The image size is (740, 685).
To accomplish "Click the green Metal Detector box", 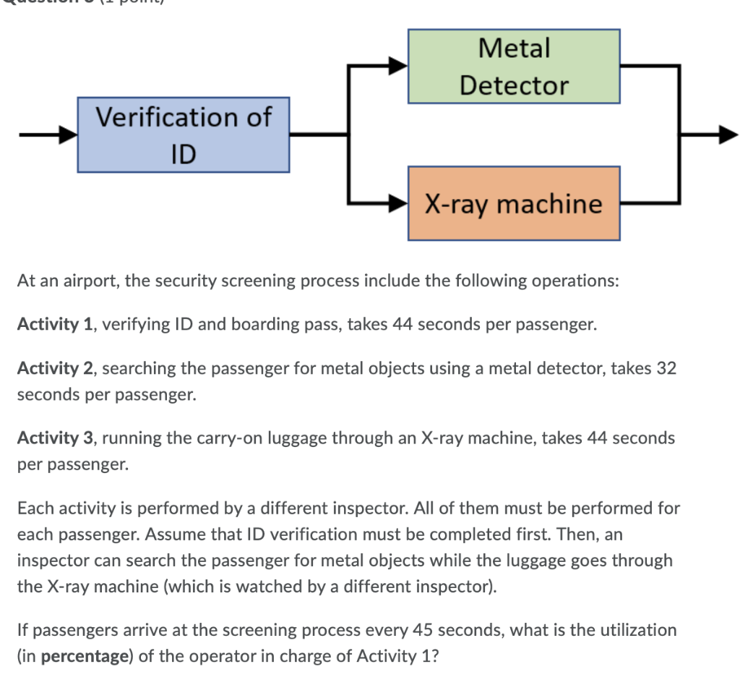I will pos(514,67).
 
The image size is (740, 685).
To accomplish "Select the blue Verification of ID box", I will pos(184,135).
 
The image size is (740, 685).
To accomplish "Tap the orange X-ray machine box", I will pos(514,203).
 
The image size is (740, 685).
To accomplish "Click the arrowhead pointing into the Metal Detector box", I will pos(399,67).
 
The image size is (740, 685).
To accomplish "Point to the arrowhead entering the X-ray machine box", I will pos(399,203).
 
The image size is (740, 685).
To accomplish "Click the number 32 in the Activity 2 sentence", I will pos(666,368).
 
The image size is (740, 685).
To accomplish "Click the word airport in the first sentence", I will pos(95,281).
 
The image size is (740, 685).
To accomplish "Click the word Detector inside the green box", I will pos(514,85).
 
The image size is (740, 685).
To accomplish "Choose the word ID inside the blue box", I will pos(184,153).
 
